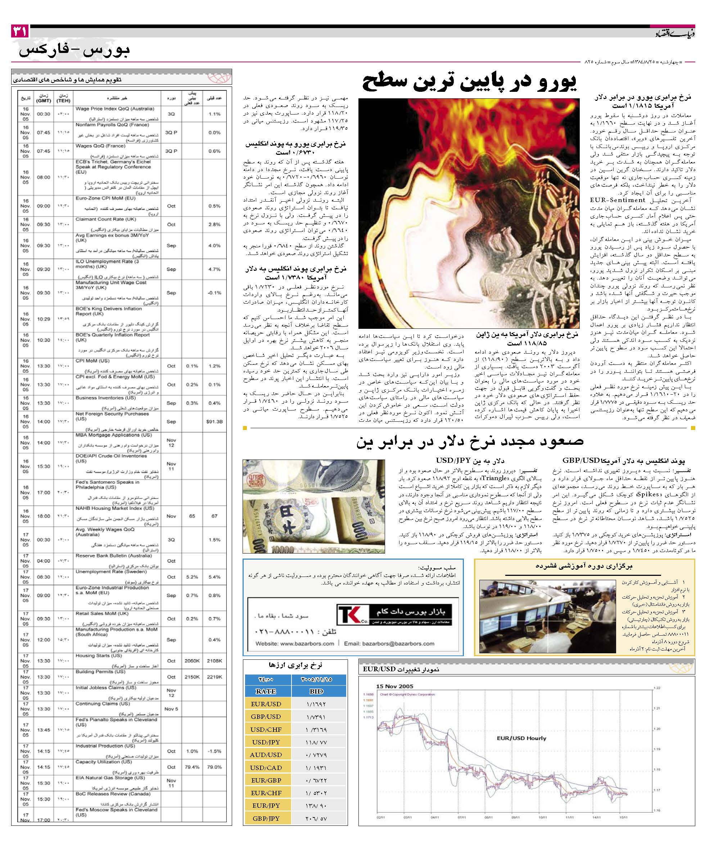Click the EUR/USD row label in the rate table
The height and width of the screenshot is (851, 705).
266,704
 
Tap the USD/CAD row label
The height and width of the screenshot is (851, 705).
266,767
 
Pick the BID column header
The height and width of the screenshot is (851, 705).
317,691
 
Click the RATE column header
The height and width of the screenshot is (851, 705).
266,691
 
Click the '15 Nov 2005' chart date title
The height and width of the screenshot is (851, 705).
395,686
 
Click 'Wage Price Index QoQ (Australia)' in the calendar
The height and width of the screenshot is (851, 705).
114,109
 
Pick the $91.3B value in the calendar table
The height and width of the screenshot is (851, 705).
214,421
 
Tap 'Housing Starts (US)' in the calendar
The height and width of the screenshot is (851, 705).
98,655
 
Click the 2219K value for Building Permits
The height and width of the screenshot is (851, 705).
214,677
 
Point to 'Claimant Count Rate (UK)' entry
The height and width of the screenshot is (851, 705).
105,219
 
